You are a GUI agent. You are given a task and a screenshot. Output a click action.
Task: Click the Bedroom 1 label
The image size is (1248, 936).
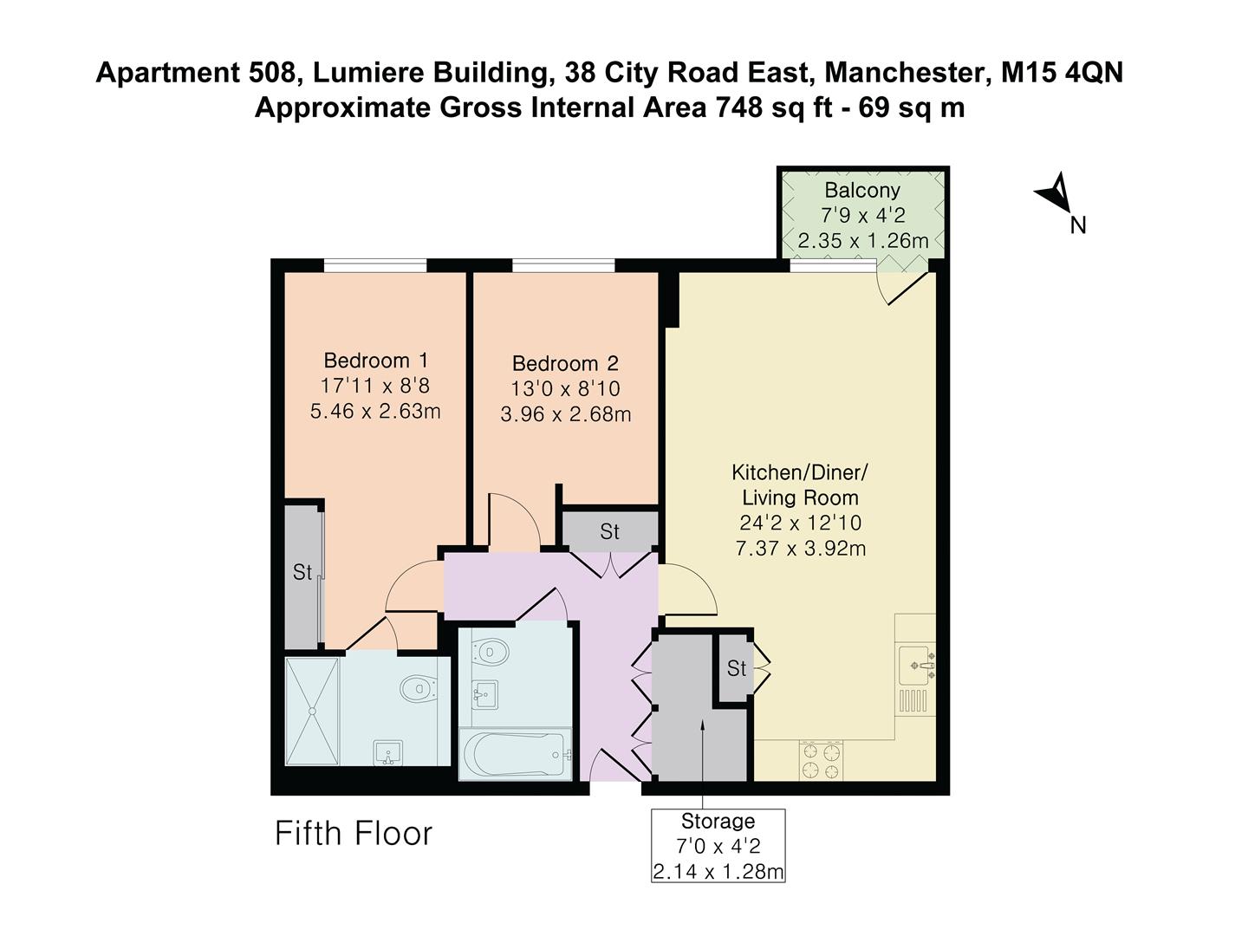[375, 360]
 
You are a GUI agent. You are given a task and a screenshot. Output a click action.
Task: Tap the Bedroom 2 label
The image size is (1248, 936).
[565, 363]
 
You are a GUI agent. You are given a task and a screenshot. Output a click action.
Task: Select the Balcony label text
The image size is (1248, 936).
[861, 190]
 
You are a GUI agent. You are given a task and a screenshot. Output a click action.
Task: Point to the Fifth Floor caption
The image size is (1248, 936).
[354, 834]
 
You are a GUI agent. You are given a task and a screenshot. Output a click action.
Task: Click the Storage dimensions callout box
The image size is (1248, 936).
[718, 846]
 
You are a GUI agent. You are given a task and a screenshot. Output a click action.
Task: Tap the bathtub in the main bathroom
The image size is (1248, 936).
[515, 755]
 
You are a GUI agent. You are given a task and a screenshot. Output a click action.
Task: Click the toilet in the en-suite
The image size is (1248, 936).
[419, 689]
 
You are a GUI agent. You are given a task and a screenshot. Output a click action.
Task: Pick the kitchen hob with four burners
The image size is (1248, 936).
[820, 760]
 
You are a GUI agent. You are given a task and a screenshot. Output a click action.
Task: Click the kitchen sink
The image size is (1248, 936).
[916, 663]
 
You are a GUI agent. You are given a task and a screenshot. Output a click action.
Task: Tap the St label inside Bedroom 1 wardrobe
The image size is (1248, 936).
[302, 573]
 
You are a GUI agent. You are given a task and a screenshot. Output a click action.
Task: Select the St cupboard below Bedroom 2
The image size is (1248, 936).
[609, 531]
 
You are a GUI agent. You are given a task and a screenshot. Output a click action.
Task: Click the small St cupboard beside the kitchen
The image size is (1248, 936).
[736, 668]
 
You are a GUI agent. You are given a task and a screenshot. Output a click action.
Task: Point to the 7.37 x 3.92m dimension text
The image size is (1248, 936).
[800, 549]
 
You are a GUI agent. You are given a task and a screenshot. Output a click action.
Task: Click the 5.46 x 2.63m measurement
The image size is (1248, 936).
[375, 412]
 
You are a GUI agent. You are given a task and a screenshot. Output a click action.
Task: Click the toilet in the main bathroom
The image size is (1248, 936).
[492, 652]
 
